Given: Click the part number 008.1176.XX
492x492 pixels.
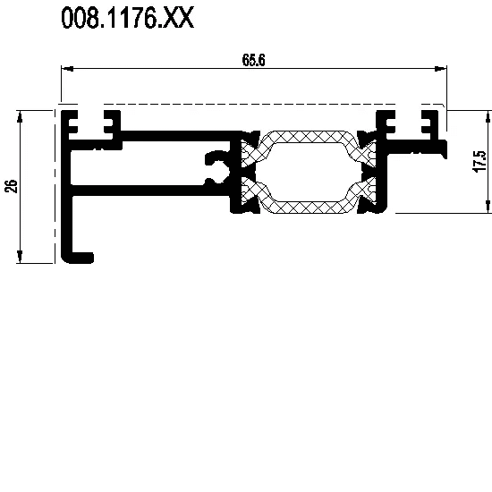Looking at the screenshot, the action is click(x=128, y=18).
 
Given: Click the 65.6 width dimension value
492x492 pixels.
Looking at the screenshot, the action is click(x=253, y=60).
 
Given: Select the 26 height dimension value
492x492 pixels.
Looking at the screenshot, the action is click(x=13, y=186).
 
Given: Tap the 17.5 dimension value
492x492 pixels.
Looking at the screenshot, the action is click(x=479, y=161).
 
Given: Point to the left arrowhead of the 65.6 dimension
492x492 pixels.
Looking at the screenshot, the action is click(x=67, y=68).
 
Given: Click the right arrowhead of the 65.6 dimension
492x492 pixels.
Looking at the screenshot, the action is click(x=441, y=68).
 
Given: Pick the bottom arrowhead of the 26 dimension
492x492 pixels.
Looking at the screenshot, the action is click(x=20, y=257).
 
